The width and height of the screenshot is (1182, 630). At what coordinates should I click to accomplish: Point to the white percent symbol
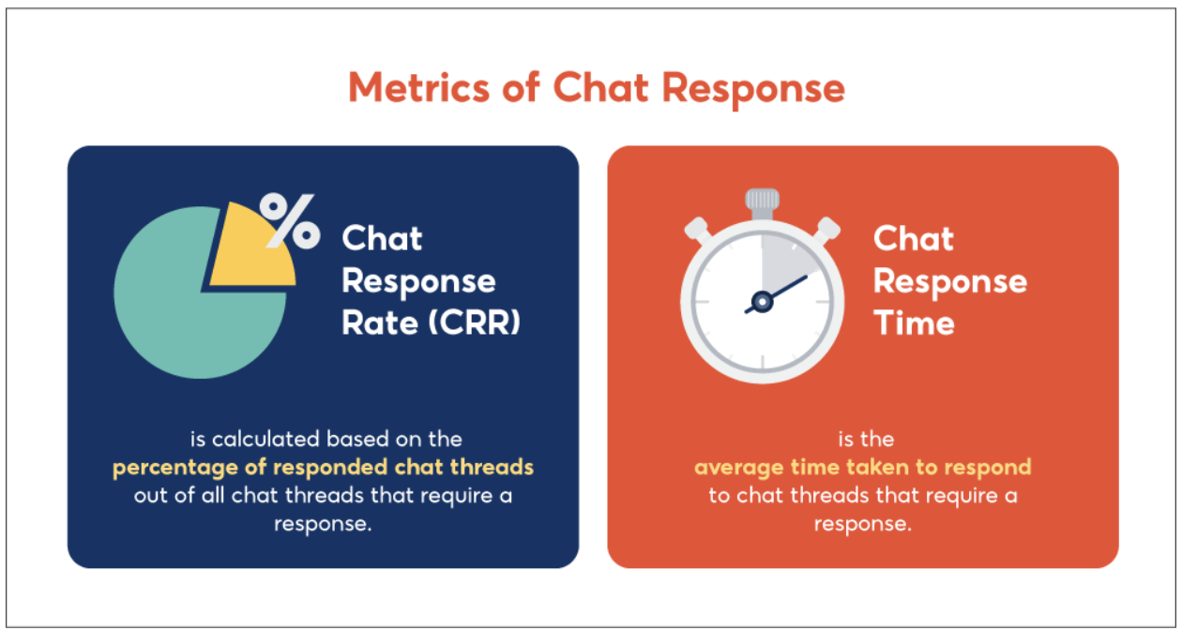(x=289, y=221)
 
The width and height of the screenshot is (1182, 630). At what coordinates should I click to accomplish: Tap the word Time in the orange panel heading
(x=914, y=322)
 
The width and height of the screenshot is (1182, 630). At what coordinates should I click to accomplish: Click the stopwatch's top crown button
(x=763, y=200)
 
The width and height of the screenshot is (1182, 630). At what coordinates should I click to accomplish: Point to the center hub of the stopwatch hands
(x=763, y=302)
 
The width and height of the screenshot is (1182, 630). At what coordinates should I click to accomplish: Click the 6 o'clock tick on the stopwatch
(x=763, y=362)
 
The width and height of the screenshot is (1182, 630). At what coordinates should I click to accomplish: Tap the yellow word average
(x=735, y=467)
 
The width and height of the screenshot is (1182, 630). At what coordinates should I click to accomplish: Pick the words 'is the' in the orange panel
(x=862, y=439)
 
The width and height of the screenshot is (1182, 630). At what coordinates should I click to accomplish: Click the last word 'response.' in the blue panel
(x=323, y=523)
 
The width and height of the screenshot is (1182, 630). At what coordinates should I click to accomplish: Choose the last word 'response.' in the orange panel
(x=862, y=523)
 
